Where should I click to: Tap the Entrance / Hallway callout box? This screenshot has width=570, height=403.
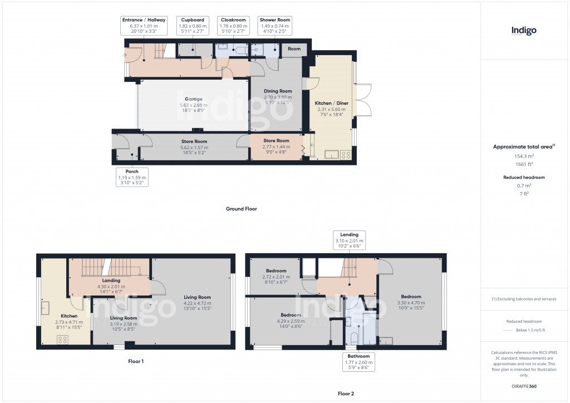click(x=144, y=26)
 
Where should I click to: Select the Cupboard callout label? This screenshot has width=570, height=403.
click(x=193, y=26)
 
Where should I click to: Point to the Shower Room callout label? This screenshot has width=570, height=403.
click(x=274, y=26)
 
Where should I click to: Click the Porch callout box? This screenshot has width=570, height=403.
click(x=132, y=177)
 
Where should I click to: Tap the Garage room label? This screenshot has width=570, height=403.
click(x=193, y=99)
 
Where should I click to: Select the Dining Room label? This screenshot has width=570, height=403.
click(x=278, y=91)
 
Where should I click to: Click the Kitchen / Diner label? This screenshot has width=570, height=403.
click(x=331, y=104)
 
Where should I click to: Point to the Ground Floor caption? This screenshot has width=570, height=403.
click(x=241, y=209)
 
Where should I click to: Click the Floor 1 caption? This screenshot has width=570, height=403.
click(x=136, y=361)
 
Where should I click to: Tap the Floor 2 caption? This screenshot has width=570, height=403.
click(x=346, y=394)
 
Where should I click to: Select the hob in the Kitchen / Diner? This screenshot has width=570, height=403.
click(x=345, y=155)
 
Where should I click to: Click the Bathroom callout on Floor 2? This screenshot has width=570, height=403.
click(x=357, y=362)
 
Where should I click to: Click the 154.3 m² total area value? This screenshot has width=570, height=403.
click(x=523, y=156)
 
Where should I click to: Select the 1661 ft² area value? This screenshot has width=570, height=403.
click(x=523, y=164)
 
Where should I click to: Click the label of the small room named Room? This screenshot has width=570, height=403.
click(x=294, y=49)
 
